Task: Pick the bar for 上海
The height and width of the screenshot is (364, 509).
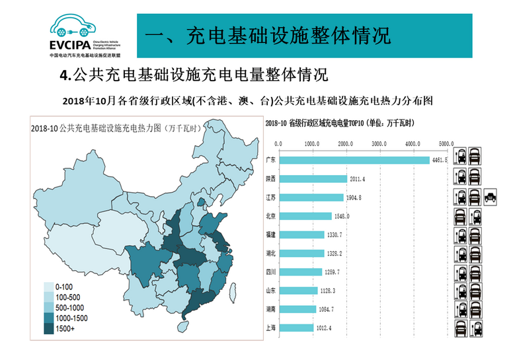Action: click(x=295, y=327)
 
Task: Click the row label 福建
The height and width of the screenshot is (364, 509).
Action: click(x=270, y=235)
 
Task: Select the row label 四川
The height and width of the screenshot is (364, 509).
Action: click(x=270, y=272)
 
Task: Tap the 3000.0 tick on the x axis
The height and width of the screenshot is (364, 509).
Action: click(x=379, y=143)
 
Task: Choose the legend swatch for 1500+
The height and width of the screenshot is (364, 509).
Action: click(x=50, y=328)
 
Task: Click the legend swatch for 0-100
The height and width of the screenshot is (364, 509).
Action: click(x=50, y=287)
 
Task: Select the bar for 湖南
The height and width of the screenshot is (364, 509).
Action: click(x=297, y=309)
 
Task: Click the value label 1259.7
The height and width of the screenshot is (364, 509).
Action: click(x=332, y=272)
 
